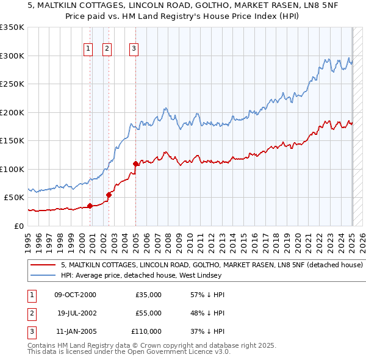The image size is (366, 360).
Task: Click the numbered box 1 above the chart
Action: pyautogui.click(x=88, y=49)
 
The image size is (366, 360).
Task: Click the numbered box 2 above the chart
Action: pyautogui.click(x=107, y=49)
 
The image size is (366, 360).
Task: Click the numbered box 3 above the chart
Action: pyautogui.click(x=134, y=49)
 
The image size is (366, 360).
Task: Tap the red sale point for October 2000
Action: pyautogui.click(x=90, y=206)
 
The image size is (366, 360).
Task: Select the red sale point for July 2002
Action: pyautogui.click(x=109, y=195)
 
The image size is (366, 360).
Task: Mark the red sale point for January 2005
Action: pyautogui.click(x=135, y=164)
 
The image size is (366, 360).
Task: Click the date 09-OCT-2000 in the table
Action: pyautogui.click(x=75, y=295)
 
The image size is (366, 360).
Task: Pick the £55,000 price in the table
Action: pyautogui.click(x=148, y=313)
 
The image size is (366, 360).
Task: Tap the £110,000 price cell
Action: pyautogui.click(x=146, y=331)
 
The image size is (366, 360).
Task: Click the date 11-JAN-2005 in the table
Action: pyautogui.click(x=75, y=331)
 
